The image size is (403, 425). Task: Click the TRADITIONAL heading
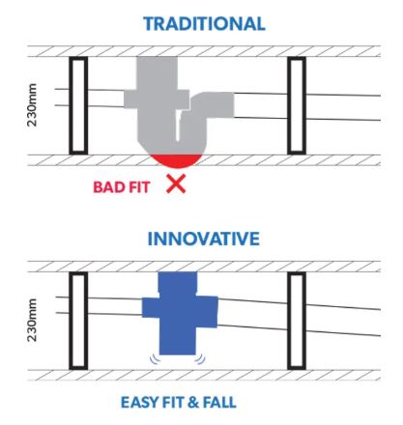204,23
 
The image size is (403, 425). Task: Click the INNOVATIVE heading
203,239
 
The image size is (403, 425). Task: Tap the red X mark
176,184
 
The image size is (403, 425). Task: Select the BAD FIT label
122,187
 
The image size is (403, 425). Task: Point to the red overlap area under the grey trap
177,160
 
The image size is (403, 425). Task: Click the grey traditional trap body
158,106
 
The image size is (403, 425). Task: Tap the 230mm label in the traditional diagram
32,105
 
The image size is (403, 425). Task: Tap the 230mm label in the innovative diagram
32,320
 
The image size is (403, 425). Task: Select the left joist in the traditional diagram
78,105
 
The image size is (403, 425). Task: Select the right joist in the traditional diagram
297,105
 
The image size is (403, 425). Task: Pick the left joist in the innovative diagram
78,321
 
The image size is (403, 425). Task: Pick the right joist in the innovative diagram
297,321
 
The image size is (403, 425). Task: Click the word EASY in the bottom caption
138,403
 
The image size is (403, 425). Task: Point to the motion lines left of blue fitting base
155,359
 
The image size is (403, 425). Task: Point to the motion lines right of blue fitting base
200,359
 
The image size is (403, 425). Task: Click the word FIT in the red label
139,187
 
